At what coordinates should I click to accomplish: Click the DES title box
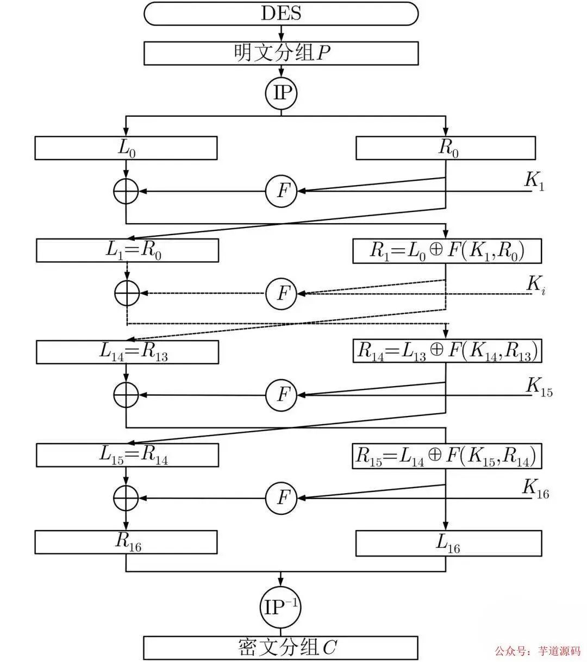[281, 13]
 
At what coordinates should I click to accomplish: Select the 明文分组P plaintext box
[281, 53]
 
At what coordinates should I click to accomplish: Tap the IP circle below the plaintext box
[281, 93]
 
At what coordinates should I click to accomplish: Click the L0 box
[126, 148]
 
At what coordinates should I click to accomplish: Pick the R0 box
[446, 148]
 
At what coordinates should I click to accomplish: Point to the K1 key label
[534, 181]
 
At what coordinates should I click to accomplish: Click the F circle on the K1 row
[281, 191]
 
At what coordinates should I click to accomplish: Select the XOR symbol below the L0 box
[126, 191]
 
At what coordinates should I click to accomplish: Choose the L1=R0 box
[127, 250]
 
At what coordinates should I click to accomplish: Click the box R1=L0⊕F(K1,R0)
[447, 251]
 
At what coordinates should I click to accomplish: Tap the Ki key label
[536, 284]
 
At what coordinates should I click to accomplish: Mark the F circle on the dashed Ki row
[281, 294]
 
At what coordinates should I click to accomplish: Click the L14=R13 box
[127, 352]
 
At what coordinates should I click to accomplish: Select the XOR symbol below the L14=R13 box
[126, 395]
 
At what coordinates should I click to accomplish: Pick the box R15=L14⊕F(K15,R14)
[447, 455]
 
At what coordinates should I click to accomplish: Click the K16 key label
[535, 488]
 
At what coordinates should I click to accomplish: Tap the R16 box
[126, 542]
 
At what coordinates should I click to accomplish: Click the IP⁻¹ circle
[281, 607]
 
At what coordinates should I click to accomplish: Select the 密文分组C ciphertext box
[281, 647]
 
